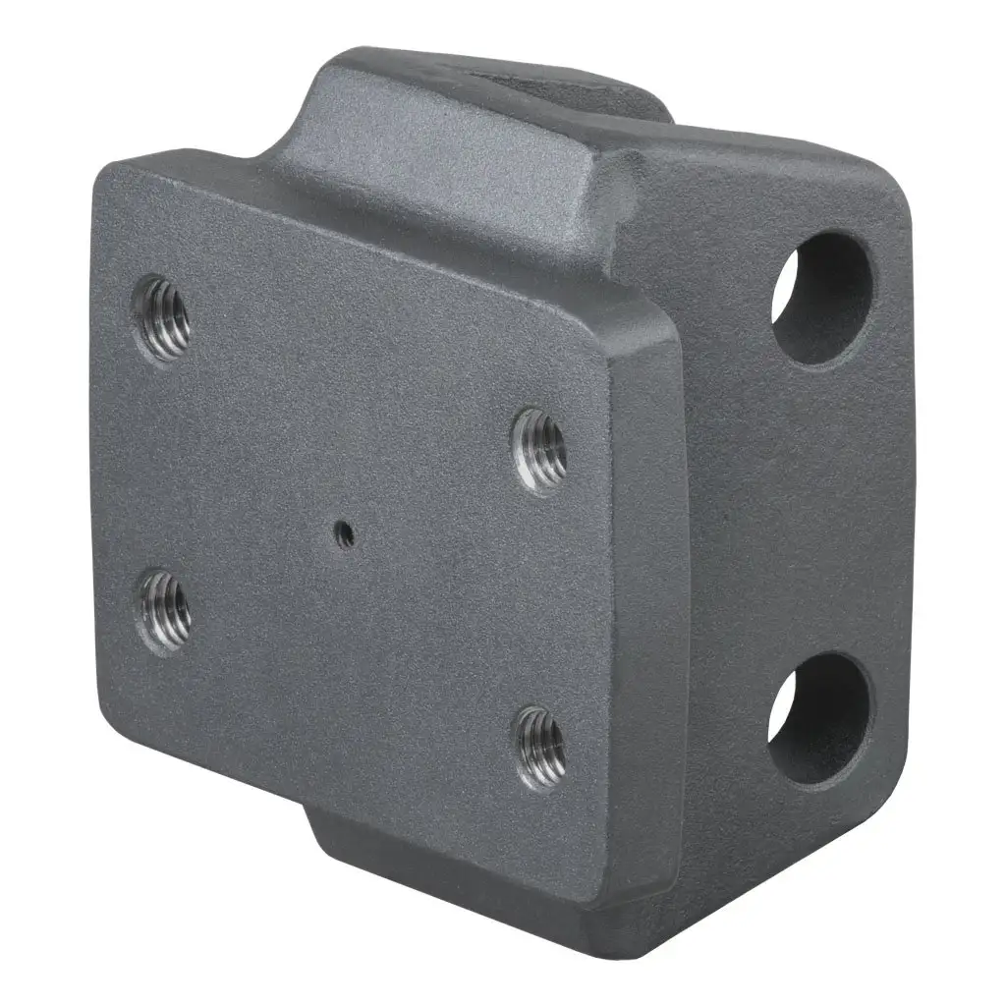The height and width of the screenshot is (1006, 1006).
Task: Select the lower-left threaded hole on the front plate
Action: click(165, 609)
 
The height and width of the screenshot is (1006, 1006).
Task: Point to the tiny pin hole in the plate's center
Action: click(344, 533)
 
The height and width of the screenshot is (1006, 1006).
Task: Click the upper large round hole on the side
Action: click(823, 297)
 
